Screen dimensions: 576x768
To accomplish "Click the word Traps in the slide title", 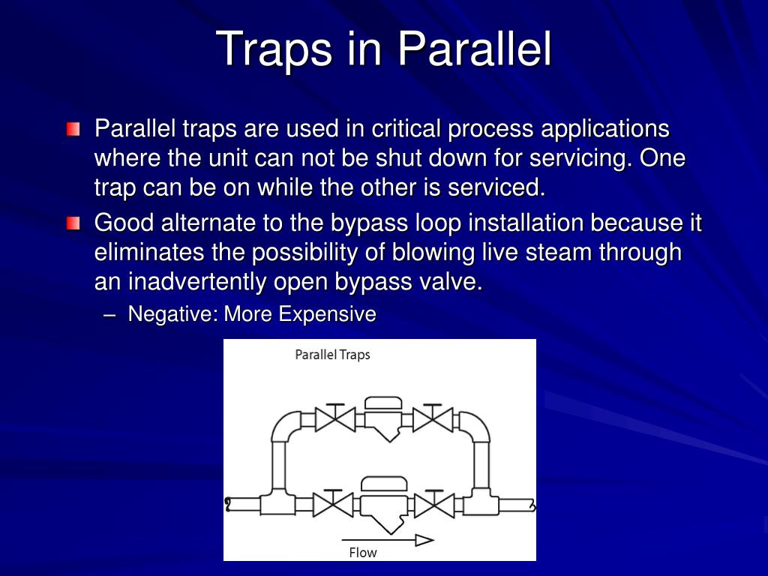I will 274,49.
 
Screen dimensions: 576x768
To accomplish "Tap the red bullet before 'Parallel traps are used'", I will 73,130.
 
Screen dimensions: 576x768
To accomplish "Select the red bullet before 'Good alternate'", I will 73,223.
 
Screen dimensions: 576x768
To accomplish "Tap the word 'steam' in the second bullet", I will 558,253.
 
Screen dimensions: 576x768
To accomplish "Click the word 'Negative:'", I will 172,314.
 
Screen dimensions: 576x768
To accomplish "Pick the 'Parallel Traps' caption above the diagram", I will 332,355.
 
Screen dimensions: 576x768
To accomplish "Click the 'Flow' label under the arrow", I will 363,553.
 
